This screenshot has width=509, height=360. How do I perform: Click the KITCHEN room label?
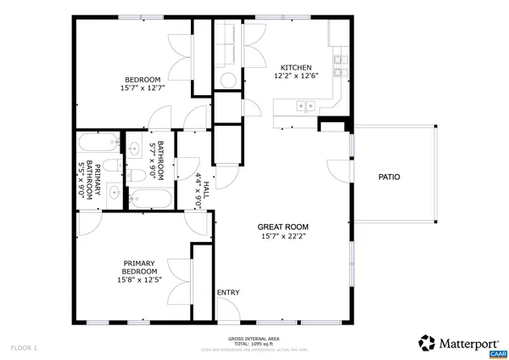click(296, 68)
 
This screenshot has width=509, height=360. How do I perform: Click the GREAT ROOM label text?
click(283, 227)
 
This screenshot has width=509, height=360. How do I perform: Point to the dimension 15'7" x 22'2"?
click(283, 237)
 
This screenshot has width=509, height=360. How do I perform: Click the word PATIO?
click(389, 177)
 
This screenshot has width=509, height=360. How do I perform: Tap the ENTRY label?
click(228, 292)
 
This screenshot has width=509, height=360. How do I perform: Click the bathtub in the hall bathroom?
click(151, 199)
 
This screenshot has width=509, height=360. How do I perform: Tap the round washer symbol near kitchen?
click(227, 80)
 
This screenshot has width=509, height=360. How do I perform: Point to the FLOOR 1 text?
click(24, 347)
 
